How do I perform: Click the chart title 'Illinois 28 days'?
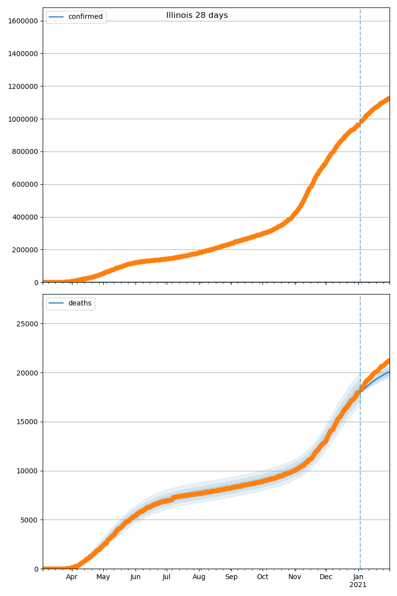pyautogui.click(x=197, y=15)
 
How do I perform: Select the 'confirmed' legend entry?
pyautogui.click(x=85, y=17)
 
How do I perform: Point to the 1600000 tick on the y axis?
pyautogui.click(x=23, y=21)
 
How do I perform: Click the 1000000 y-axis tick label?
pyautogui.click(x=23, y=119)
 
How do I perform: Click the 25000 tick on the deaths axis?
pyautogui.click(x=28, y=324)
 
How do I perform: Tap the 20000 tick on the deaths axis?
pyautogui.click(x=28, y=373)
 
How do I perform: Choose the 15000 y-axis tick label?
pyautogui.click(x=28, y=422)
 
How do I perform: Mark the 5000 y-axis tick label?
pyautogui.click(x=30, y=520)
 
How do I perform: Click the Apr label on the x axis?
pyautogui.click(x=72, y=577)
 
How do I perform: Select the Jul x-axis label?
pyautogui.click(x=167, y=577)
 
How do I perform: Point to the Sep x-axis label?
pyautogui.click(x=231, y=577)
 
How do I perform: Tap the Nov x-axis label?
pyautogui.click(x=295, y=577)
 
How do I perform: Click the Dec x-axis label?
pyautogui.click(x=326, y=577)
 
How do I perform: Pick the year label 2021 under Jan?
pyautogui.click(x=358, y=585)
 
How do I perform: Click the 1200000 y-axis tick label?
pyautogui.click(x=23, y=86)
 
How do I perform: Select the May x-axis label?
pyautogui.click(x=103, y=577)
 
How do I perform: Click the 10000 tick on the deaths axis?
pyautogui.click(x=28, y=471)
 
